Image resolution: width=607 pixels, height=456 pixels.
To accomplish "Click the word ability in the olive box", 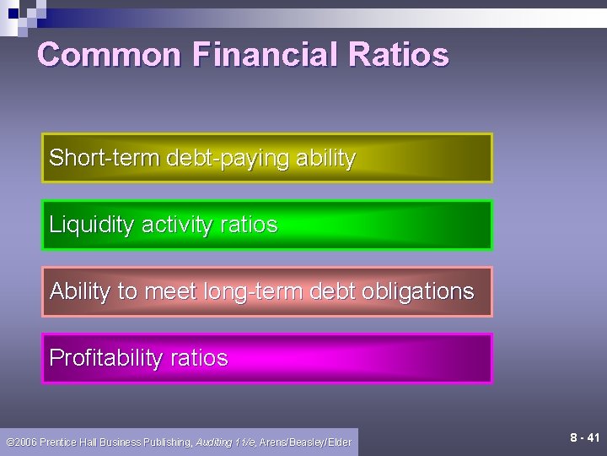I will coord(325,159).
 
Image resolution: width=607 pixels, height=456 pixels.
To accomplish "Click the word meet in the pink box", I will coord(171,291).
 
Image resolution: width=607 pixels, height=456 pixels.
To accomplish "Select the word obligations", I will coord(417,292).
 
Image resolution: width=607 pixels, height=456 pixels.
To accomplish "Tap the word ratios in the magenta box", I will coord(199,358).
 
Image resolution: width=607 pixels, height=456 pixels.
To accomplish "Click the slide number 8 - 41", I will coord(584,437).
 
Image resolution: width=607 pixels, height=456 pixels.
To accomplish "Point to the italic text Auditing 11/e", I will coord(226,442).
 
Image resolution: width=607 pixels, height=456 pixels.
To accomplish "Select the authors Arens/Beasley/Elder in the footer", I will coord(305,442).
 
